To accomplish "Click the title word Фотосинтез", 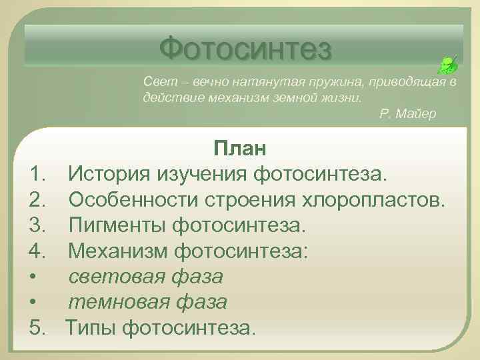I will [x=245, y=47].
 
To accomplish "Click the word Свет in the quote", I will [x=157, y=81].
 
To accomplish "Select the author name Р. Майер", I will [x=407, y=114].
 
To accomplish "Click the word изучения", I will [x=203, y=175].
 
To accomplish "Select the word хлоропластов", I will [x=373, y=201].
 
